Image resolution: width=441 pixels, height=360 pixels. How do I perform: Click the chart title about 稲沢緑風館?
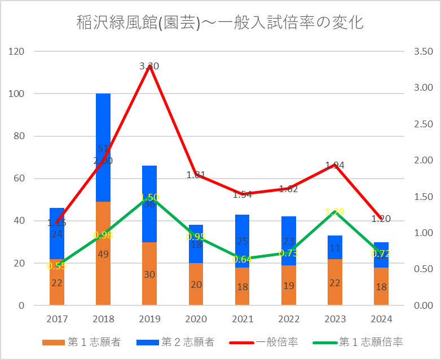click(x=220, y=23)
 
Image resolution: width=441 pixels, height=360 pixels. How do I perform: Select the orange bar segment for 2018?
click(x=103, y=270)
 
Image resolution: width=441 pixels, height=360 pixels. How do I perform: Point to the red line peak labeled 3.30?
click(x=149, y=66)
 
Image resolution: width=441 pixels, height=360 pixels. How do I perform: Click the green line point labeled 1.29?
click(x=334, y=212)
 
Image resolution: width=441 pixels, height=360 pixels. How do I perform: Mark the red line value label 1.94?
click(x=334, y=165)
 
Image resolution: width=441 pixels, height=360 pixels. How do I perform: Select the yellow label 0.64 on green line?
click(x=242, y=259)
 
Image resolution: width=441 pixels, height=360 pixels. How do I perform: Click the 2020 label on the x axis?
click(x=196, y=319)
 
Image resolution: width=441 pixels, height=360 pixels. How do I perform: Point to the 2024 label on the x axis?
click(x=381, y=319)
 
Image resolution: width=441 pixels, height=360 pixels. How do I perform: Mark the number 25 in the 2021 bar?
click(x=242, y=241)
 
